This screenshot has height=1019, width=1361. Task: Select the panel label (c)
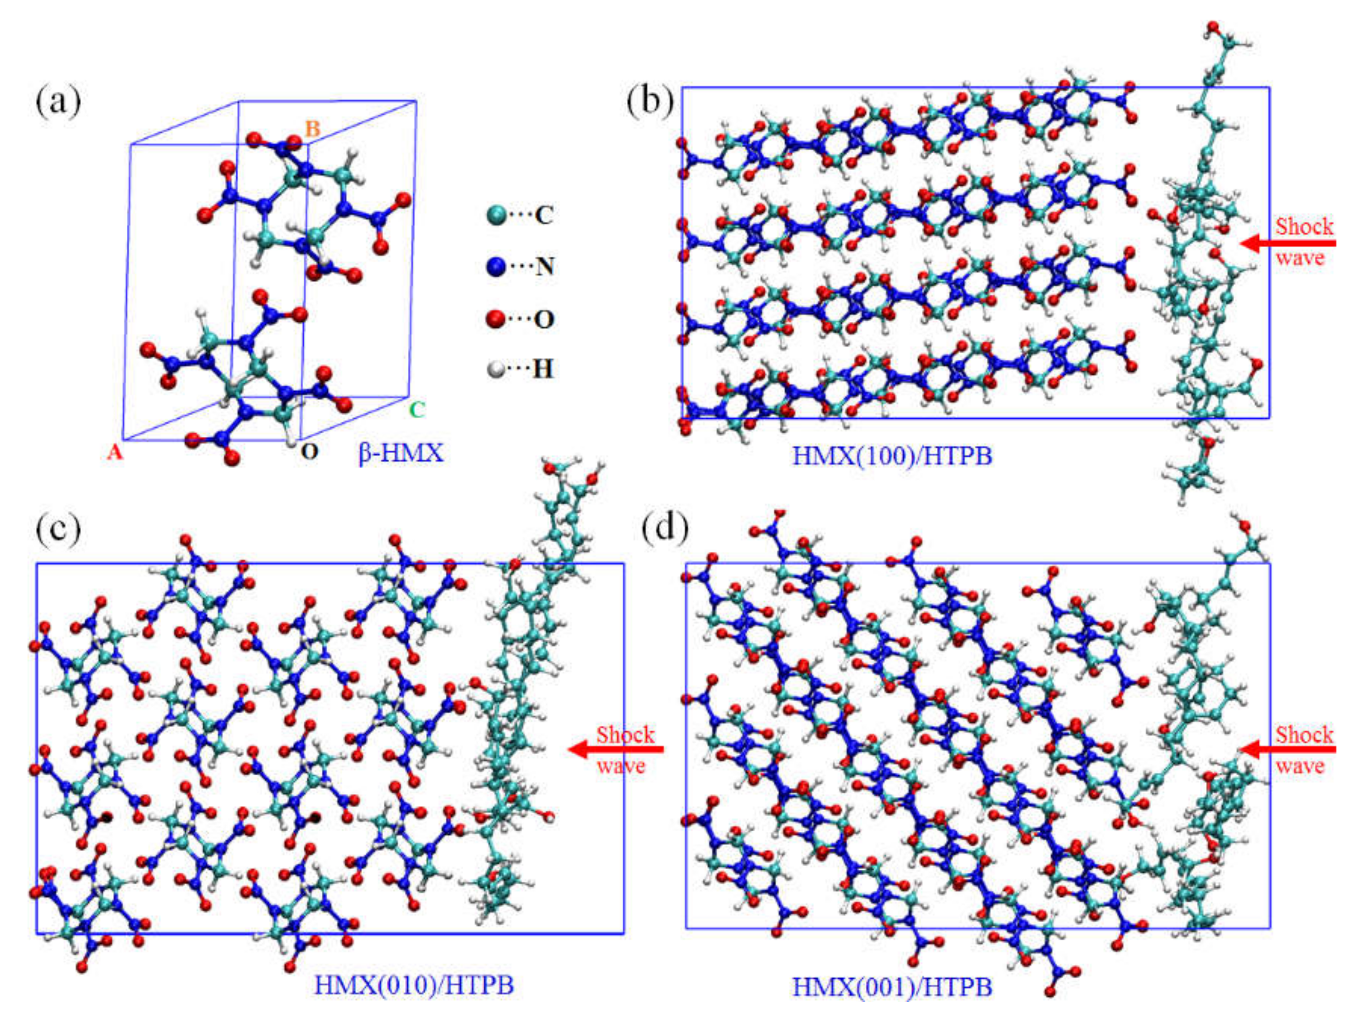coord(58,529)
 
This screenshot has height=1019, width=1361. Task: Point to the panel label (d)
coord(664,529)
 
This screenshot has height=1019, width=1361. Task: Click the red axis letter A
coord(115,453)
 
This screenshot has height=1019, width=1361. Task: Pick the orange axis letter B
coord(312,129)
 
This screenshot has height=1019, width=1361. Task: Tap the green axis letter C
coord(417,410)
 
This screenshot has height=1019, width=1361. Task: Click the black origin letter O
coord(310,452)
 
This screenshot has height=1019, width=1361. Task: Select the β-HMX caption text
coord(400,453)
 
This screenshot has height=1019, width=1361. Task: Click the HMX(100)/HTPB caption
coord(892,456)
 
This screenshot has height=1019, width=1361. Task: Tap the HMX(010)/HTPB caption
coord(414,985)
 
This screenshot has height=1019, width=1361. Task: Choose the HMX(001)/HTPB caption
coord(892,987)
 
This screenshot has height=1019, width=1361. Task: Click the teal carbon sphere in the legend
coord(496,215)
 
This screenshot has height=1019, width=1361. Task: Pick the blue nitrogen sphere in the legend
coord(496,266)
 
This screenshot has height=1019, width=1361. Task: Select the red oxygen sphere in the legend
coord(496,319)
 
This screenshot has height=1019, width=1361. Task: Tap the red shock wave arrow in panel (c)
coord(615,749)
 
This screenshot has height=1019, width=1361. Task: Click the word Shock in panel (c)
coord(625,735)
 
